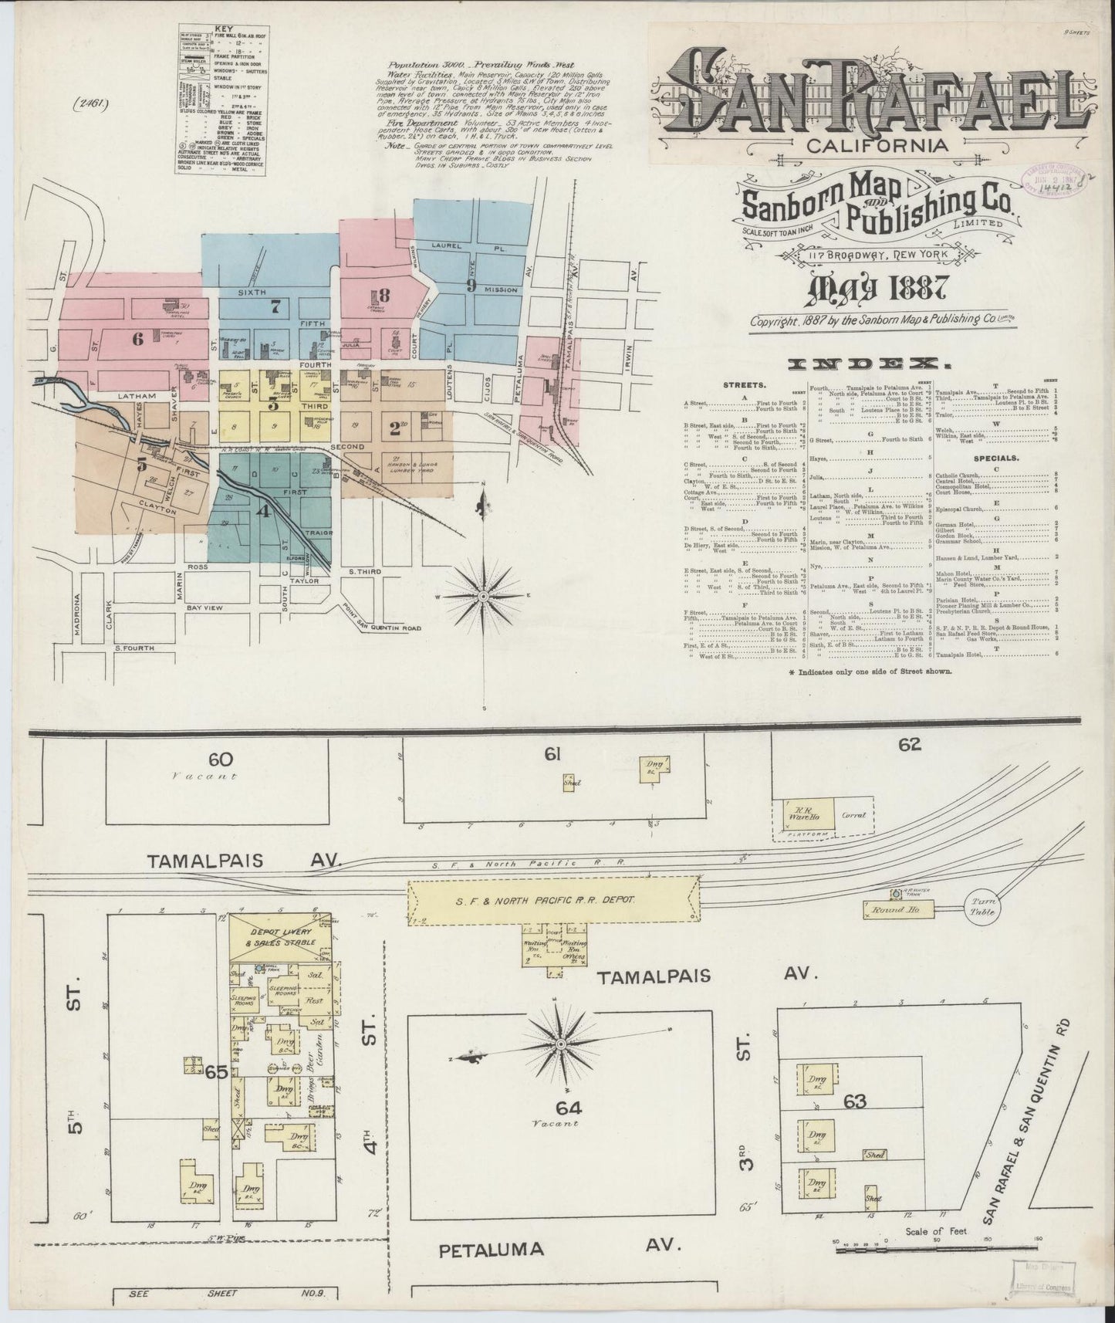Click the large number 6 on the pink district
pos(138,337)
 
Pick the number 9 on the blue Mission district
pos(469,283)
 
